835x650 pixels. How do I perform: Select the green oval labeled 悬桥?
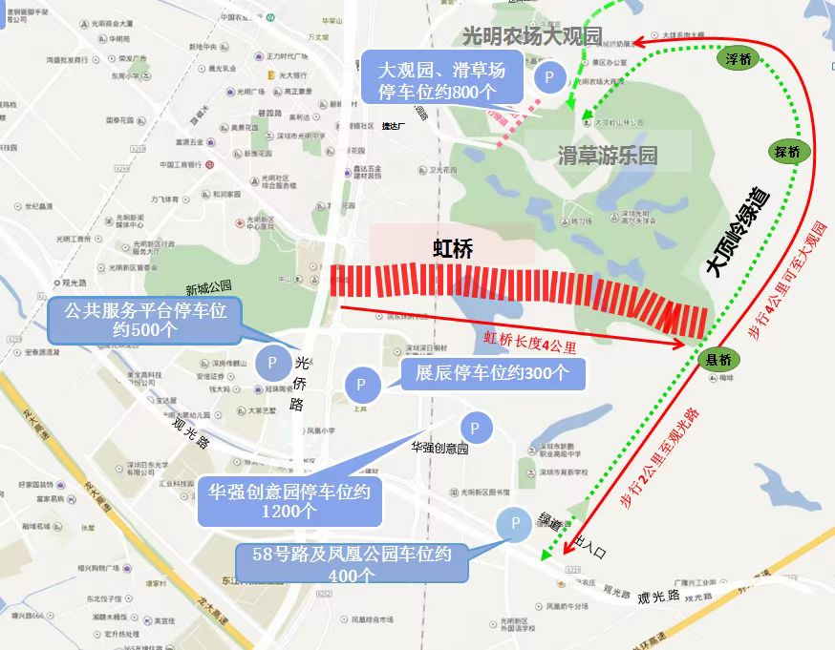point(718,360)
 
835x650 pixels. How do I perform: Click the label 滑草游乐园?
point(608,156)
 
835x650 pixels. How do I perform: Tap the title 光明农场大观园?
point(532,36)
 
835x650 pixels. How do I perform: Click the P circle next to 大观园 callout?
point(548,78)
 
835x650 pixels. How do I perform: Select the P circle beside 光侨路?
point(272,363)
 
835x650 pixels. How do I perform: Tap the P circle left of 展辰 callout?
point(361,384)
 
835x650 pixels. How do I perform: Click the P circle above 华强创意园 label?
point(475,428)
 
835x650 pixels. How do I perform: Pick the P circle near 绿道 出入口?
point(515,524)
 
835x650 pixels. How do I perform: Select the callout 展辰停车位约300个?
point(492,372)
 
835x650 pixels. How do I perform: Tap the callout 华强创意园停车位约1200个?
point(289,501)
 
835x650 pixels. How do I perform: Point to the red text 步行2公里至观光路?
point(660,458)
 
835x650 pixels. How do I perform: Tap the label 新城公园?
point(209,286)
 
